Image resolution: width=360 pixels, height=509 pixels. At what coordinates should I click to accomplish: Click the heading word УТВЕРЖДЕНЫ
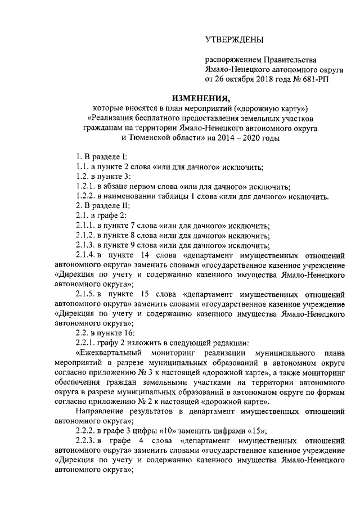(233, 39)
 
